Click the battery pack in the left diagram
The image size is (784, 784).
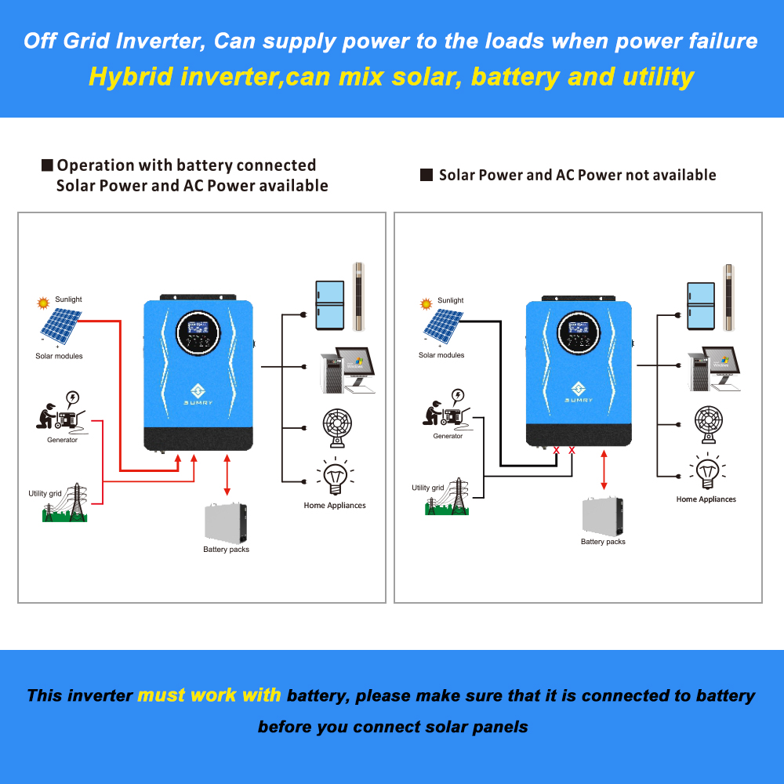coord(226,522)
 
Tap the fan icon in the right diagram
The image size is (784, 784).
coord(708,424)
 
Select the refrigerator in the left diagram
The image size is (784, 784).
coord(330,305)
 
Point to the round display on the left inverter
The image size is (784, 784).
coord(197,333)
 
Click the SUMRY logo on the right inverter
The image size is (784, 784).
coord(579,392)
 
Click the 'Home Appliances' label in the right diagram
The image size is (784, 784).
coord(706,499)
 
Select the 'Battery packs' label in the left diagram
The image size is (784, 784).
coord(226,550)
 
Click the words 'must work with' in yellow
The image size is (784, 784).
coord(209,695)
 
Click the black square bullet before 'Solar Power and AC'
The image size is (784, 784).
coord(426,175)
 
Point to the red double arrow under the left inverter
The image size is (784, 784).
coord(227,475)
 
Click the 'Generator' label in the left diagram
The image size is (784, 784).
coord(62,440)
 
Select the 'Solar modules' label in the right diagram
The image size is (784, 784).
coord(441,355)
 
